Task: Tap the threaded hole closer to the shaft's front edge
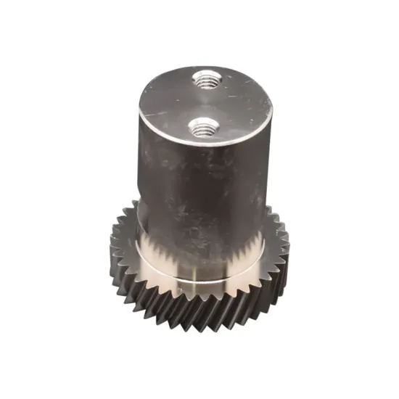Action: click(202, 128)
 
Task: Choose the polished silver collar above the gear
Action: click(196, 261)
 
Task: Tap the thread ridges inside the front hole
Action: click(202, 131)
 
